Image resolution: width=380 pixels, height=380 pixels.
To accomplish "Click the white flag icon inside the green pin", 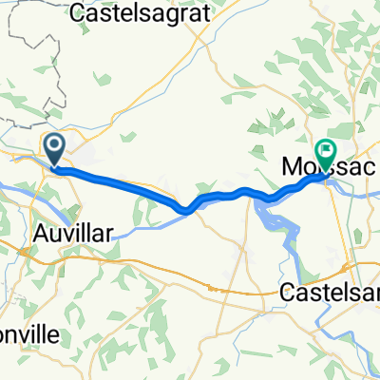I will click(326, 149).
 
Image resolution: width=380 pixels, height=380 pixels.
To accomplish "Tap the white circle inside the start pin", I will click(54, 145).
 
